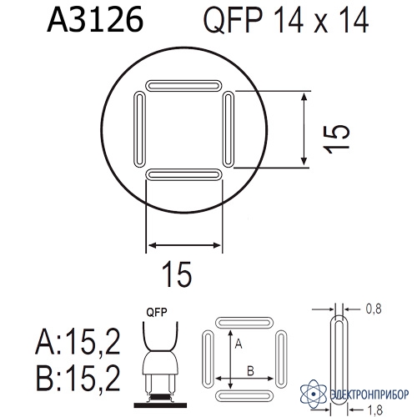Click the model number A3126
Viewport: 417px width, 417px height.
[95, 19]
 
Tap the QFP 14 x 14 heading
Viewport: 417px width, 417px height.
[286, 19]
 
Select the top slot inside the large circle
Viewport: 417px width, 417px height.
[184, 86]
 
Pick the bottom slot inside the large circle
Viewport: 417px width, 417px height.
[184, 175]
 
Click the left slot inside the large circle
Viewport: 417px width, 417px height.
[139, 129]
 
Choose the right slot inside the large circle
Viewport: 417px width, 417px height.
[229, 129]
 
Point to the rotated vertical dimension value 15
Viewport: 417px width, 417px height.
[336, 138]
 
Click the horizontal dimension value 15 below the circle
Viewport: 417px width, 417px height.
[178, 274]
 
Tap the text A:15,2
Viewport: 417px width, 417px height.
[78, 341]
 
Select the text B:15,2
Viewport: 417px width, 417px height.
[78, 378]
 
